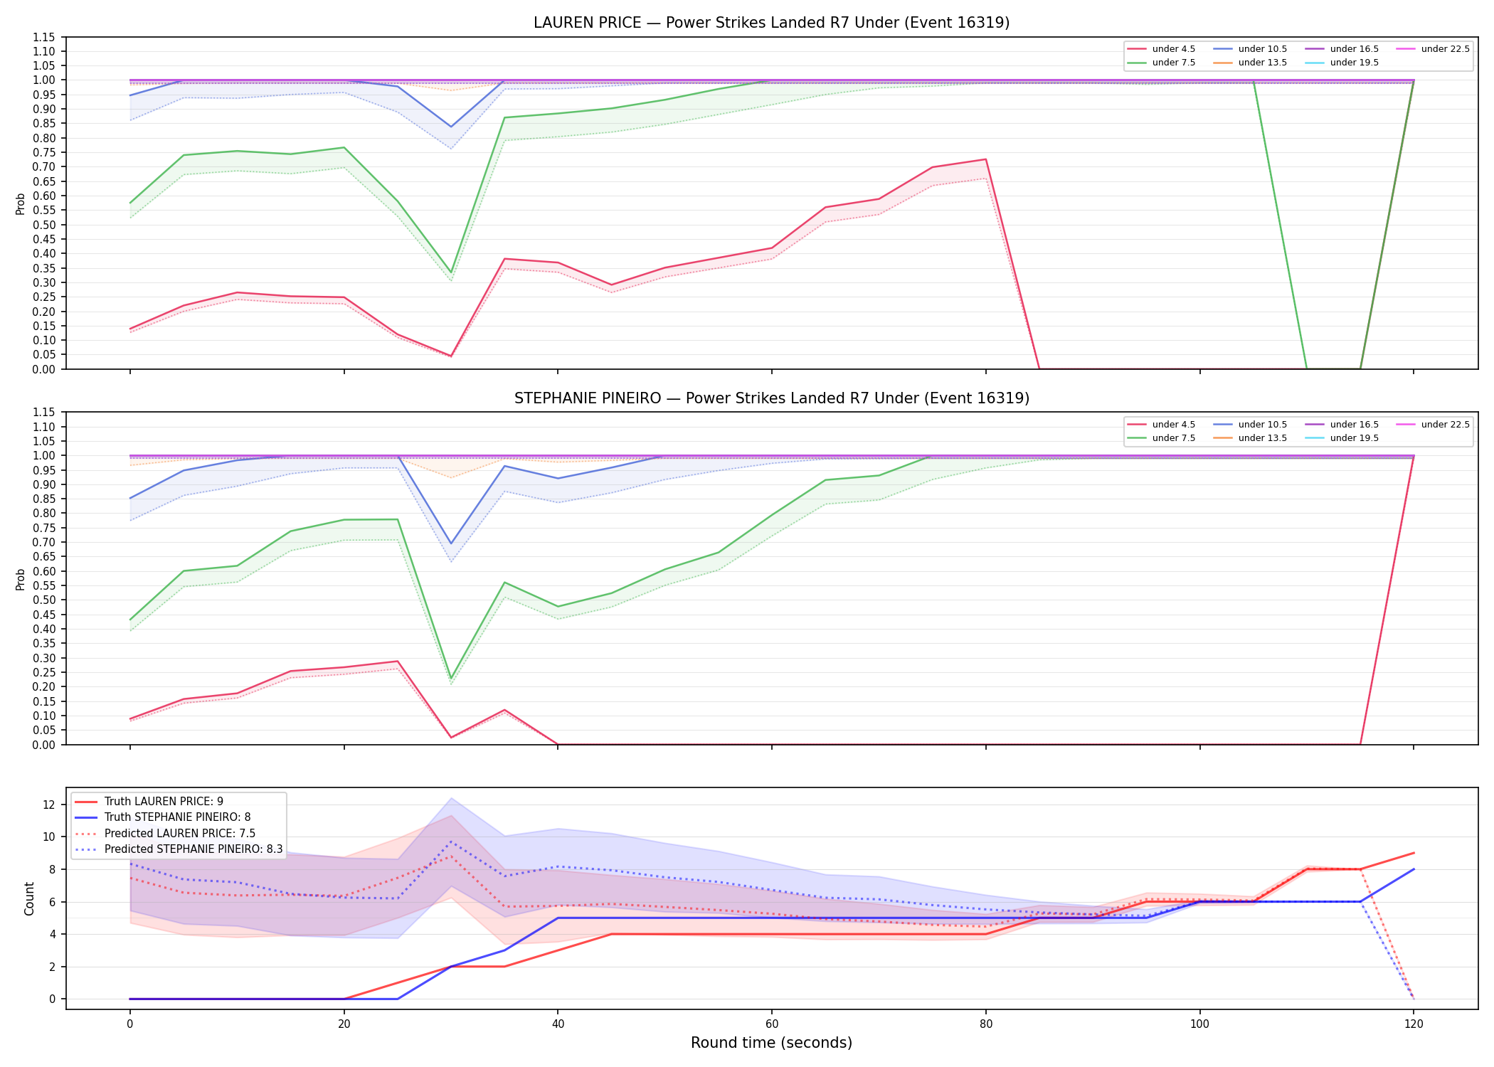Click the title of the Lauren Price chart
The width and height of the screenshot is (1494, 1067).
(x=771, y=23)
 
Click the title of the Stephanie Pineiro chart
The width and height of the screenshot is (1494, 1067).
(x=771, y=398)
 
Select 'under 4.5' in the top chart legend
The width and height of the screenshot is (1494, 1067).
(x=1173, y=49)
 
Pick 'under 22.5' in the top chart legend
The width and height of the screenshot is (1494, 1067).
(x=1445, y=49)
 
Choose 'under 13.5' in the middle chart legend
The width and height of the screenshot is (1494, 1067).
(x=1262, y=438)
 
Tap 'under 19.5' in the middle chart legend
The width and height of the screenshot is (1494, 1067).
(x=1354, y=438)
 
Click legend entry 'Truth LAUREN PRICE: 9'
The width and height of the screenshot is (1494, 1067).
(x=164, y=802)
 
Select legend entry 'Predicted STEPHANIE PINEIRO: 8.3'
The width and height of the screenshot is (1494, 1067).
(x=194, y=849)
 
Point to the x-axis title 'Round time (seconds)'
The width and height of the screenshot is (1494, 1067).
(x=771, y=1043)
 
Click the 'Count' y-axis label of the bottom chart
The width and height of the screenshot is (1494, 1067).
(x=29, y=898)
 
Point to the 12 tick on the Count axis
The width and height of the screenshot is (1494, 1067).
(x=49, y=805)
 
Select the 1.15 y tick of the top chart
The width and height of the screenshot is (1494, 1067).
(x=44, y=37)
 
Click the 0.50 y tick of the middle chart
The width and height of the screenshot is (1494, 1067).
(x=44, y=600)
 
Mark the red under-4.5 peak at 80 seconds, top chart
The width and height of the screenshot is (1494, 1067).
(x=985, y=159)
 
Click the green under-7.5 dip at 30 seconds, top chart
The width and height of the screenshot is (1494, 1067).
(x=450, y=273)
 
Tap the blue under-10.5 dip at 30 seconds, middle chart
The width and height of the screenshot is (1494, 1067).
(x=450, y=544)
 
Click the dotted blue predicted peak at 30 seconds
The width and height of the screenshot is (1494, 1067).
(x=450, y=842)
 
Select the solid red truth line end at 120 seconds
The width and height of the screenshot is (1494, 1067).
(x=1414, y=853)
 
